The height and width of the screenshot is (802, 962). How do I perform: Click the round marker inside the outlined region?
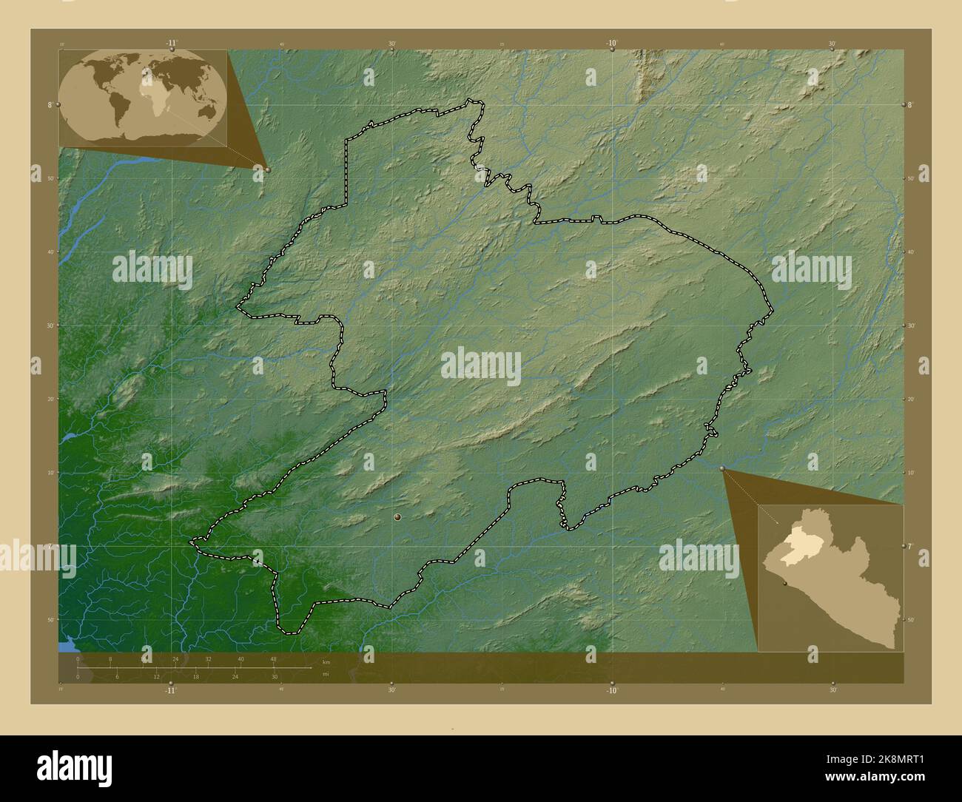click(398, 518)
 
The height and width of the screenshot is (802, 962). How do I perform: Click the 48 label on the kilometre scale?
click(273, 658)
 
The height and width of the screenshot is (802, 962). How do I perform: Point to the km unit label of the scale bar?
click(326, 661)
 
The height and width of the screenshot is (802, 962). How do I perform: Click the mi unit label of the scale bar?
click(326, 674)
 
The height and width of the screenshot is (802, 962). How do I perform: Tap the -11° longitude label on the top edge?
click(172, 43)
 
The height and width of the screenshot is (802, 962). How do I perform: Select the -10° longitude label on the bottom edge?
click(611, 690)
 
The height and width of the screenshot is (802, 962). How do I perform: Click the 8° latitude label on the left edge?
click(50, 105)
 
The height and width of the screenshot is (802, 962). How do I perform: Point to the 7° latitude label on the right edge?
click(912, 546)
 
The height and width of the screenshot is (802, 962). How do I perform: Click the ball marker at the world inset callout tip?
click(268, 169)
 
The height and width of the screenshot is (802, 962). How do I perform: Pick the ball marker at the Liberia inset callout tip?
click(722, 468)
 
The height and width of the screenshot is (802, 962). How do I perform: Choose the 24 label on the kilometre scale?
click(175, 658)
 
